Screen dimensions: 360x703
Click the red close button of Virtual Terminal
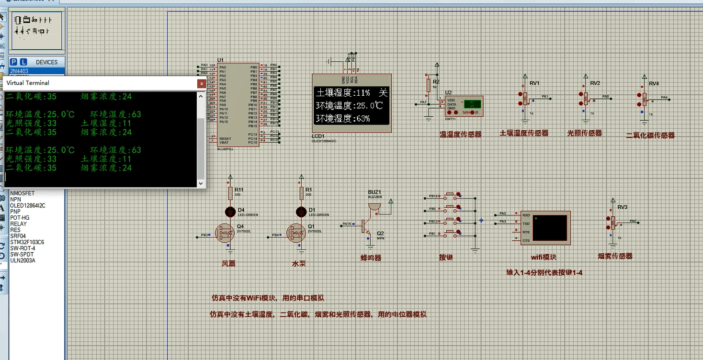click(202, 83)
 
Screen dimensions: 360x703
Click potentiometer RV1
click(525, 99)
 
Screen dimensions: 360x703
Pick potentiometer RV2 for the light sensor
click(585, 99)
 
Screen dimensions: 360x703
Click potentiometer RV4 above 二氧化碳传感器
click(645, 100)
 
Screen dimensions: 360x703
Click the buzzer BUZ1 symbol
click(374, 206)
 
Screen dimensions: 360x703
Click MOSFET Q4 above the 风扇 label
click(224, 233)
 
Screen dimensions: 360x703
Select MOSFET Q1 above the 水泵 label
click(295, 233)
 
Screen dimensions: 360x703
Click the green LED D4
click(230, 211)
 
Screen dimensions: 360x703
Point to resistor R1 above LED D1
click(301, 193)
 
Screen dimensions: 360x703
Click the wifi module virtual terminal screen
click(549, 228)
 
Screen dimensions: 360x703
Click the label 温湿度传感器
click(460, 135)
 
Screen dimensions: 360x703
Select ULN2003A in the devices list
click(23, 261)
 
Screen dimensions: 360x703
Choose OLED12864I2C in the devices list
click(28, 205)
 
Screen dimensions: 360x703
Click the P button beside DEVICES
click(13, 62)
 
